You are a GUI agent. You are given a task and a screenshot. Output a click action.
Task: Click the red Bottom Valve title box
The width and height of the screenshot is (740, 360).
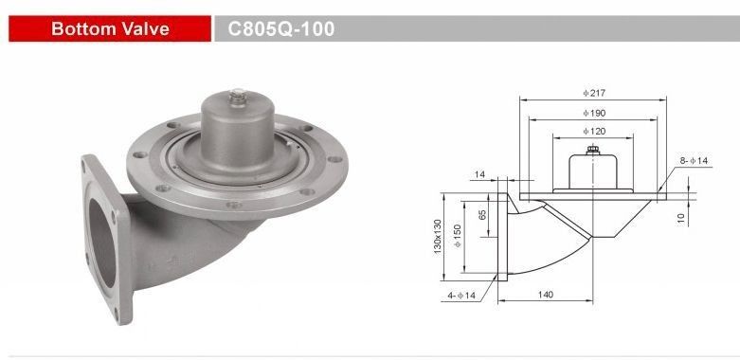tap(110, 28)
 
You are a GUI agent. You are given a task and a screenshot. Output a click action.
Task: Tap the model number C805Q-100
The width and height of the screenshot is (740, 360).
tap(281, 28)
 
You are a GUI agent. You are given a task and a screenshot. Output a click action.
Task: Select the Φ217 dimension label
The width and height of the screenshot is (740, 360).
tap(594, 93)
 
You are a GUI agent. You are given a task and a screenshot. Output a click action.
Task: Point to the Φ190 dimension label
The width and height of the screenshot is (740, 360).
tap(594, 114)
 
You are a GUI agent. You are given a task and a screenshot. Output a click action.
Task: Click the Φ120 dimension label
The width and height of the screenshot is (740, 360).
tap(594, 131)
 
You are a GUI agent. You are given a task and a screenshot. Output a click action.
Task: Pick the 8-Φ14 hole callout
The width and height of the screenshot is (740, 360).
tap(695, 160)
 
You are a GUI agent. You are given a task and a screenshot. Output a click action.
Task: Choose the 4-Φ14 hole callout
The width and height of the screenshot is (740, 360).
tap(462, 296)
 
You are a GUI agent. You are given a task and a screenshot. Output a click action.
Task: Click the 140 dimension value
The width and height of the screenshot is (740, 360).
tap(545, 295)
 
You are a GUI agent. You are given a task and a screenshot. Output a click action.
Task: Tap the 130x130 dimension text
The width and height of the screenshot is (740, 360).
tap(438, 237)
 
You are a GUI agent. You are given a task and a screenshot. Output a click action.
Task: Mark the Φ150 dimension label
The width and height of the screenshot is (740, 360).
tap(457, 236)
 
